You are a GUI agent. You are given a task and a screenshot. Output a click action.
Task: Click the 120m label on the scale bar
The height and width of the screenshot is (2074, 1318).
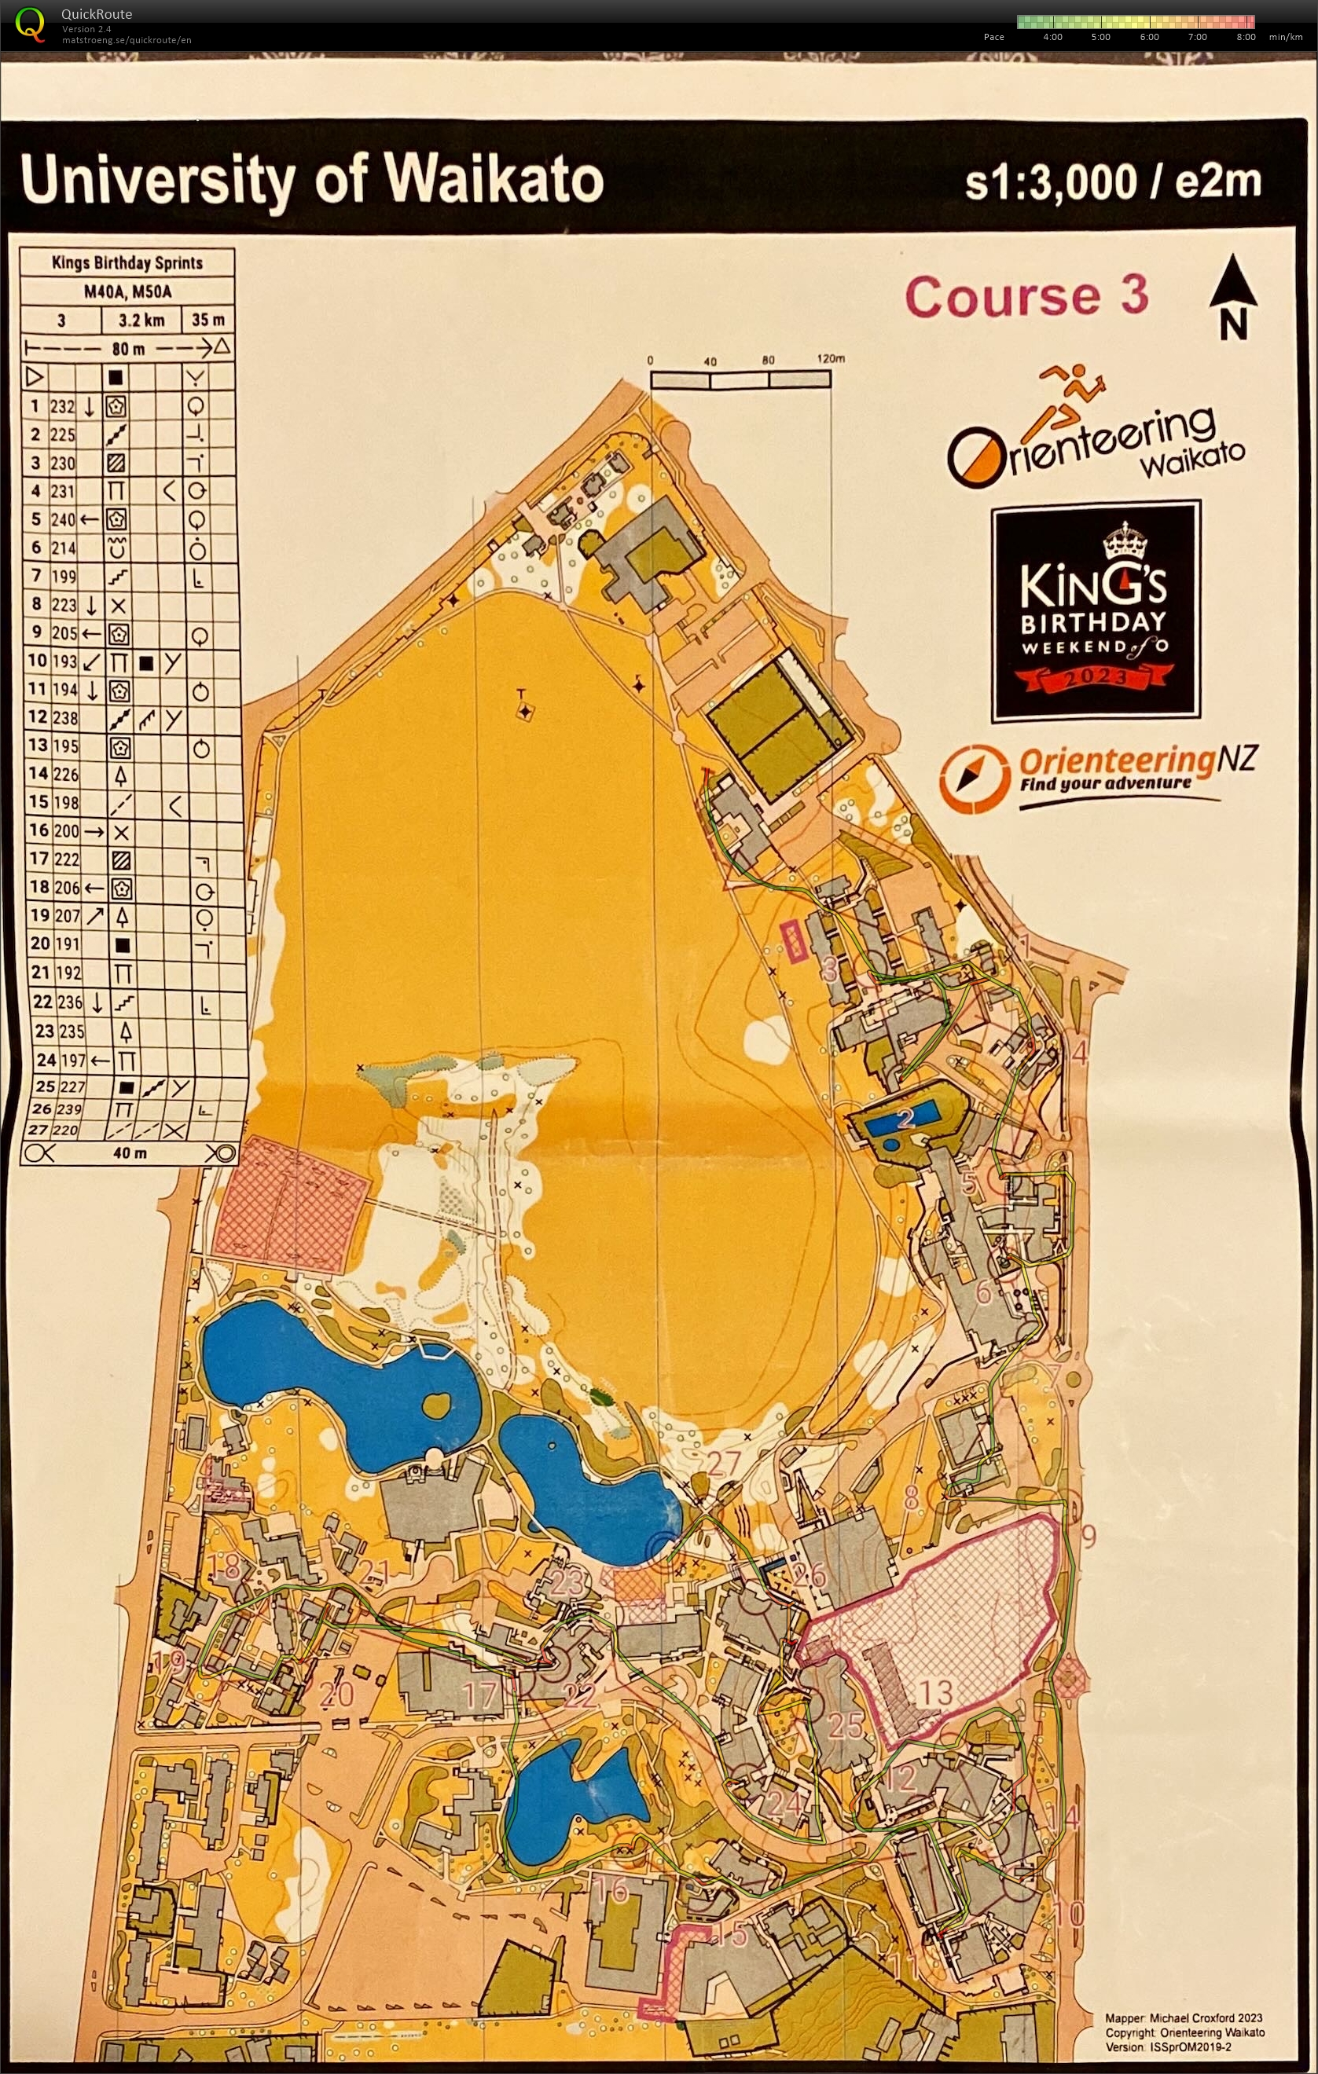tap(831, 359)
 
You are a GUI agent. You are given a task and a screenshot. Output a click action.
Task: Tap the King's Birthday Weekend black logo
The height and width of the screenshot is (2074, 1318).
tap(1095, 610)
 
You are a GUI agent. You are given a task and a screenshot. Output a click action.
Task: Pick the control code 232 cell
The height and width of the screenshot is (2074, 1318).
tap(63, 405)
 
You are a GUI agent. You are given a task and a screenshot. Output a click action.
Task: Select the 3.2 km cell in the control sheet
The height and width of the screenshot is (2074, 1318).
tap(141, 321)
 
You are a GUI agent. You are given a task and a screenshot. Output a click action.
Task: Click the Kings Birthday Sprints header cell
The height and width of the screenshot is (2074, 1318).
tap(127, 262)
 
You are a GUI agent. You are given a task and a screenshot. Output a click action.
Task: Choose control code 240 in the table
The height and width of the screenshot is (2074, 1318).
tap(63, 519)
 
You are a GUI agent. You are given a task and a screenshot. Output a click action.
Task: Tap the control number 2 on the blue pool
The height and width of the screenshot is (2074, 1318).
tap(905, 1118)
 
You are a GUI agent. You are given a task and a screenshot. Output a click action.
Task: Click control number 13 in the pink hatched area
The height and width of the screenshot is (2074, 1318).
tap(934, 1691)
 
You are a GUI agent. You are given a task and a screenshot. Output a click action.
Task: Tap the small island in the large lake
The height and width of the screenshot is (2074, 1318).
tap(437, 1405)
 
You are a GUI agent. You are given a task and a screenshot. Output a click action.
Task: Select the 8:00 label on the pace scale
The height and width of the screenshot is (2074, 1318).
tap(1246, 37)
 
